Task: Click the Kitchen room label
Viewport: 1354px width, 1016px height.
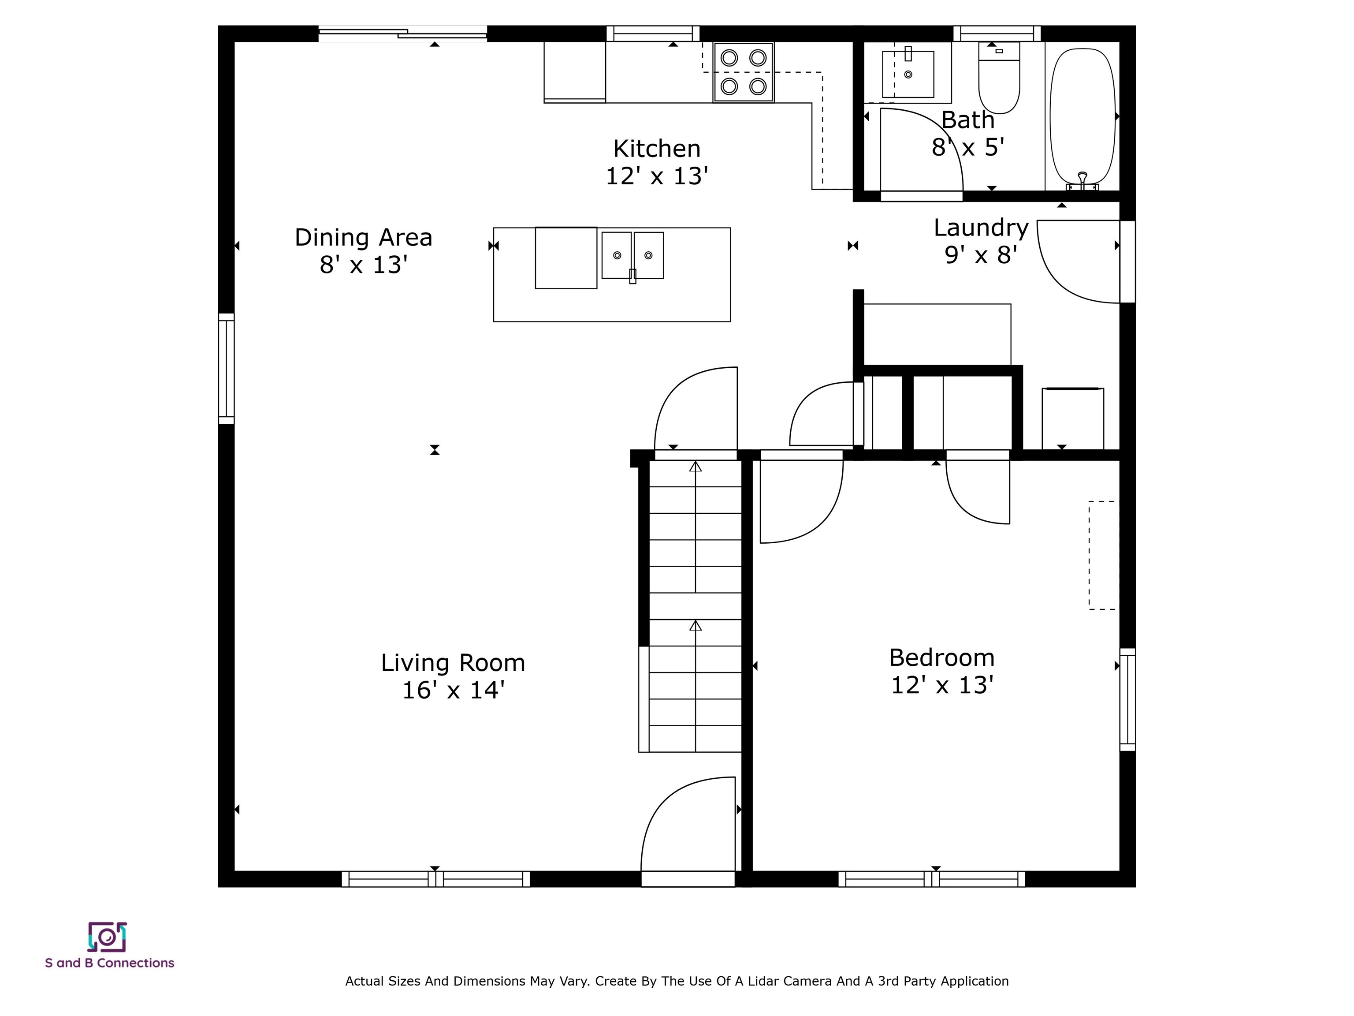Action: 657,149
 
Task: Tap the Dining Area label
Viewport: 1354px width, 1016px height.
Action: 364,238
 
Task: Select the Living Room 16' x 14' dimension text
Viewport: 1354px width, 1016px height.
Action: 453,690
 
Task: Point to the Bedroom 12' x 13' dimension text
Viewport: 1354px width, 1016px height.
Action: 941,685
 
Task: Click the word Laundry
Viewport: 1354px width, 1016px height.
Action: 981,228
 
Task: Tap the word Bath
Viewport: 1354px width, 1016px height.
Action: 968,120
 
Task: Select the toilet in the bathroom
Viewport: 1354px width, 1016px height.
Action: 999,78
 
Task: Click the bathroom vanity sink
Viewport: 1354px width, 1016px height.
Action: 908,74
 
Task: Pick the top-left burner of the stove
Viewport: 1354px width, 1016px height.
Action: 729,58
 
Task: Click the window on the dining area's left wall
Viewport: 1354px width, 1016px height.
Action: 227,369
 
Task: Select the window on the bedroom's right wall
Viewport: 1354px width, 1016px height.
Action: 1127,699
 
